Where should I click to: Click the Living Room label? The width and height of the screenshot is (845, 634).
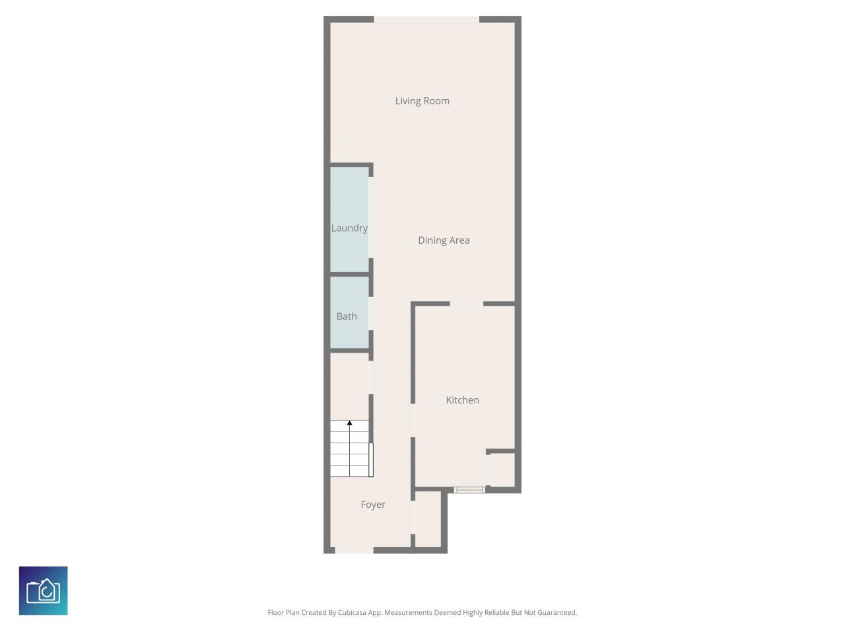422,101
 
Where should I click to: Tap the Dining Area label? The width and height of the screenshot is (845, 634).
444,240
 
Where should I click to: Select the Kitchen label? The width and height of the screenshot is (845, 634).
462,400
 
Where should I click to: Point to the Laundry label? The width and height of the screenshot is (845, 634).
349,229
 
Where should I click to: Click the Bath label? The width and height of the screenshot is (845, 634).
347,317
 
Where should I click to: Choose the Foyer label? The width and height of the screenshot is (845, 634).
373,505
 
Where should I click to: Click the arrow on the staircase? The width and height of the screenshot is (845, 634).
349,423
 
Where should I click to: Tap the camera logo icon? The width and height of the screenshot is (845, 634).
44,590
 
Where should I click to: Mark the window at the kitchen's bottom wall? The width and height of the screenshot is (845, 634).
469,490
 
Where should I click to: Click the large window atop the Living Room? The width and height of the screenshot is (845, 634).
426,20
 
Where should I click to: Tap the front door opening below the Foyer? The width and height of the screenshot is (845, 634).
355,549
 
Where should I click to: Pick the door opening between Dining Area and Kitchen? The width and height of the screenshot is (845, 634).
466,304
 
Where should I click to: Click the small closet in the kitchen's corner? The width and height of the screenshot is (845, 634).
502,470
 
